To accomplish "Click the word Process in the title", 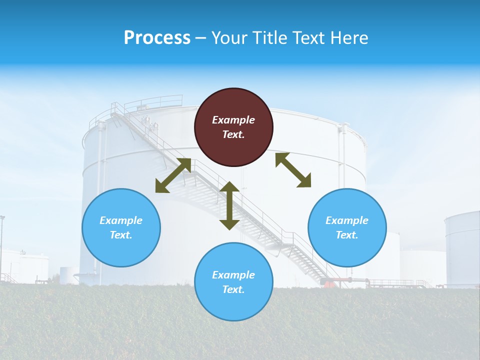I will click(x=157, y=38).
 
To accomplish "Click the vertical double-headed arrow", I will click(x=229, y=205).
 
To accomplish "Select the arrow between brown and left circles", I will click(x=173, y=175).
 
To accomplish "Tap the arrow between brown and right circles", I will click(x=293, y=170).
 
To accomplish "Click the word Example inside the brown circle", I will click(x=233, y=120).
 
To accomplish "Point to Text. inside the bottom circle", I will click(x=233, y=289).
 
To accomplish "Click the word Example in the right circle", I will click(x=347, y=220).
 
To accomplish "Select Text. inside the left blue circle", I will click(x=121, y=235).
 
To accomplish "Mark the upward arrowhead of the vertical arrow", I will click(x=229, y=187).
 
